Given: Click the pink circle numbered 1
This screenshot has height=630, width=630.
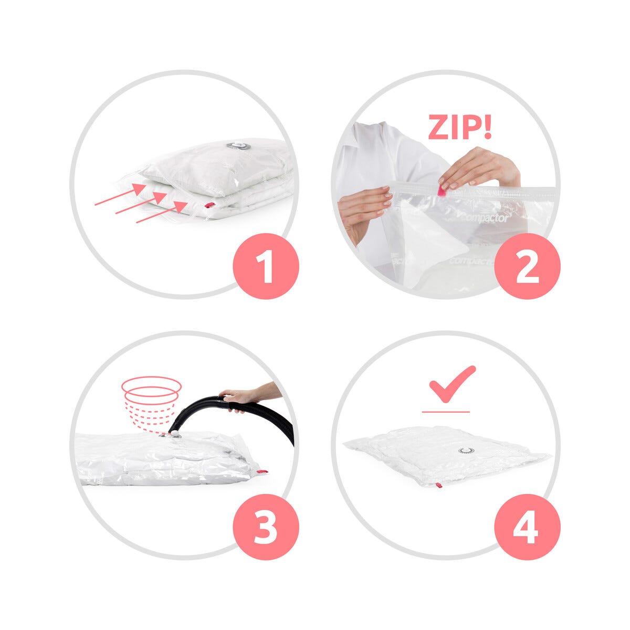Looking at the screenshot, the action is pos(266,266).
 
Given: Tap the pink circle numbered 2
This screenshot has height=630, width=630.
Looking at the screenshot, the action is pos(527,266).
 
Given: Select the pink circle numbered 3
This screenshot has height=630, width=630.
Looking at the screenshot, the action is pos(266,527).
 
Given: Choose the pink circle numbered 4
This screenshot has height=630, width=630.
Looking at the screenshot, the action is pos(527,527).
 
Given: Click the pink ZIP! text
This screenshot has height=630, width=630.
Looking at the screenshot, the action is pos(460,127).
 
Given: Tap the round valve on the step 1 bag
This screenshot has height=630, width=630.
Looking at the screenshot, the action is pos(238,145).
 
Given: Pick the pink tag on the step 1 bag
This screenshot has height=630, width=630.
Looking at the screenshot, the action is pos(209,205).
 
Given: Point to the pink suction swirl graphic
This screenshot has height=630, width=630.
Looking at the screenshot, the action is pos(151,400).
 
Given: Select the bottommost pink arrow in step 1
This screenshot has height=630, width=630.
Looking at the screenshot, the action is pos(162,212).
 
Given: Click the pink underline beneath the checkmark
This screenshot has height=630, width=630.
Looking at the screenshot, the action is pos(446,412).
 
